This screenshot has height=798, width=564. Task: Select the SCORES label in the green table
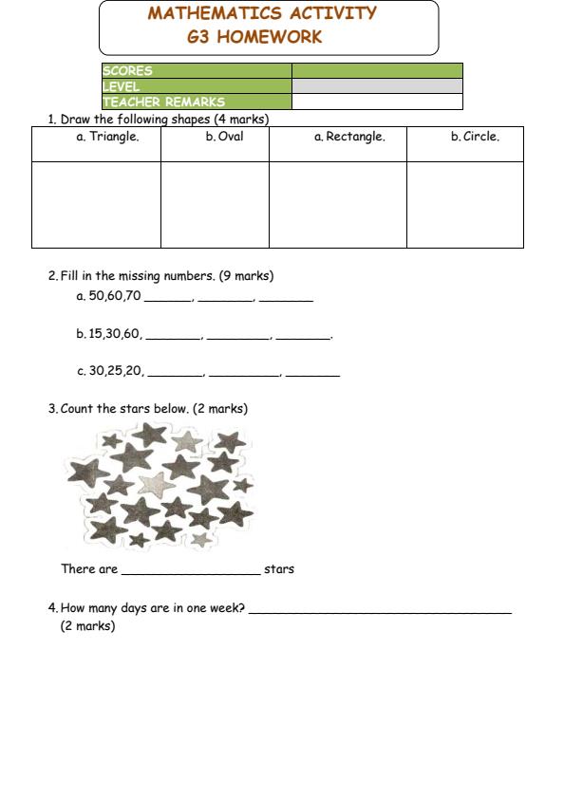127,71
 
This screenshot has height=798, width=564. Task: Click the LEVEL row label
121,86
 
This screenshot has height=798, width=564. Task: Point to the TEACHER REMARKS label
163,102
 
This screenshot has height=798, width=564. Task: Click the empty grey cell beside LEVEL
377,86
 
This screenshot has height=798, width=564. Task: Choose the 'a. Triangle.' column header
107,137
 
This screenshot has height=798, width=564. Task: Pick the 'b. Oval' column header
224,137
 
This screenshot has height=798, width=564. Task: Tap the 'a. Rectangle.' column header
349,137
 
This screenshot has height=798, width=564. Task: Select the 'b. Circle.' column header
475,137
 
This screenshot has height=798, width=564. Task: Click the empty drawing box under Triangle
97,204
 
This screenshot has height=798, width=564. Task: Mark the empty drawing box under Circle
464,204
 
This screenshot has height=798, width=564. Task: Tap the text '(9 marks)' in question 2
246,276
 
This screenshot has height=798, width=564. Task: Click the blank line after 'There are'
190,570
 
